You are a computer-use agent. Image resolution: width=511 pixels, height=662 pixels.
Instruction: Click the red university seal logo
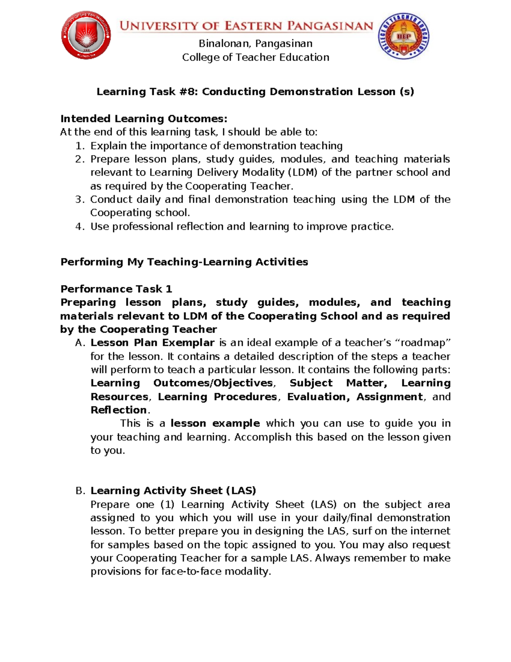click(x=86, y=35)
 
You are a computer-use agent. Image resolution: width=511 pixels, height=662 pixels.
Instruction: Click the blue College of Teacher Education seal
click(x=403, y=36)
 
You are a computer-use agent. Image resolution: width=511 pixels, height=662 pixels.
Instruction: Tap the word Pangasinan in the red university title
click(x=330, y=26)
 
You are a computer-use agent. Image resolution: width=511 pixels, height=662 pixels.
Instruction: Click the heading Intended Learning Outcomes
click(x=144, y=119)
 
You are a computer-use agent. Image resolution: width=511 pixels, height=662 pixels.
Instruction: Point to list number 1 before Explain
click(x=80, y=146)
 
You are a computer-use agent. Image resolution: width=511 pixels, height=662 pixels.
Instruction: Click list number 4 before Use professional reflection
click(x=80, y=226)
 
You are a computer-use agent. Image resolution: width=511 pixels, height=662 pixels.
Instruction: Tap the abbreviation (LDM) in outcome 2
click(x=303, y=172)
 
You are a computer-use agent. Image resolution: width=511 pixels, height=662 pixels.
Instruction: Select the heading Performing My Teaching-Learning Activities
click(x=184, y=262)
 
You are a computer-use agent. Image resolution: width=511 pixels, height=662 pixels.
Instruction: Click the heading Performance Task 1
click(x=116, y=289)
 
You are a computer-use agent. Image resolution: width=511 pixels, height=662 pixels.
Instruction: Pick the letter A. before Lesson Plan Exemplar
click(x=80, y=343)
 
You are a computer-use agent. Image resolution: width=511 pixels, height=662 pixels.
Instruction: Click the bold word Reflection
click(x=119, y=410)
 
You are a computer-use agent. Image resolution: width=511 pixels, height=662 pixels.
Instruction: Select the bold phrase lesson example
click(x=215, y=423)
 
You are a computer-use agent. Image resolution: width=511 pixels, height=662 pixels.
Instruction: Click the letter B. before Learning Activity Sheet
click(x=80, y=491)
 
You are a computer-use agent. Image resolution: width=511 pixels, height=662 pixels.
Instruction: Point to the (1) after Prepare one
click(x=168, y=505)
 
